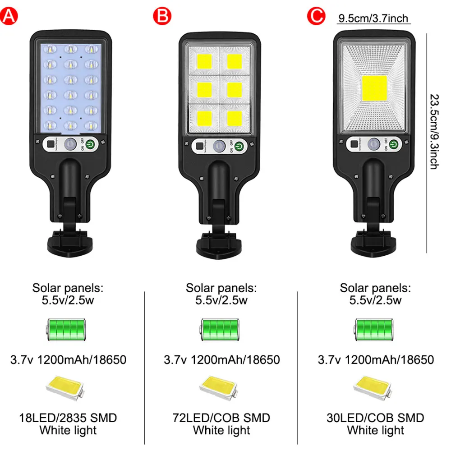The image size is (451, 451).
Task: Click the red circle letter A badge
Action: pos(9,16)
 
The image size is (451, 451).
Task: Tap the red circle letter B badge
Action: pos(162,16)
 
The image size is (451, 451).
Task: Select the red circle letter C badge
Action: pos(316,16)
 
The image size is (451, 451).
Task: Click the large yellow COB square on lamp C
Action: pos(374,88)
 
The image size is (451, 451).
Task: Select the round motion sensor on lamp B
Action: pos(220,146)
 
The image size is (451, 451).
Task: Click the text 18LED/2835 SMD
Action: pos(68,418)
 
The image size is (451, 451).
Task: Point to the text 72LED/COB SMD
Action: pos(221,418)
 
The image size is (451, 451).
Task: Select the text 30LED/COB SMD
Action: pos(375,418)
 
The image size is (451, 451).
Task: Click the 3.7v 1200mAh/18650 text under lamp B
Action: pos(221,359)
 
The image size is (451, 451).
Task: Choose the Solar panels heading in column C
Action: pos(375,288)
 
